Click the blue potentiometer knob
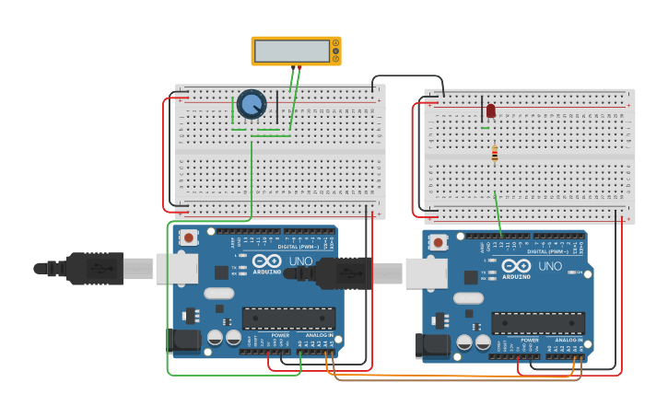251,104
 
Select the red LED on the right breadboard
490,110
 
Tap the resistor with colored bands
495,154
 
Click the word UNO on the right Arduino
550,267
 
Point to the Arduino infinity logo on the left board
267,261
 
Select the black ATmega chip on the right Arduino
537,323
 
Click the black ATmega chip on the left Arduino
287,319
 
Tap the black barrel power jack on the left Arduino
184,342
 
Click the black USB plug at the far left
88,268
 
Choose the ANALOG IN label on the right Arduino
568,341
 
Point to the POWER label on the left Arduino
280,335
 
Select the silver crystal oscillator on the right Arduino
468,298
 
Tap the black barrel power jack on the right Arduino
431,346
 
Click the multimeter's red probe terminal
299,66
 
